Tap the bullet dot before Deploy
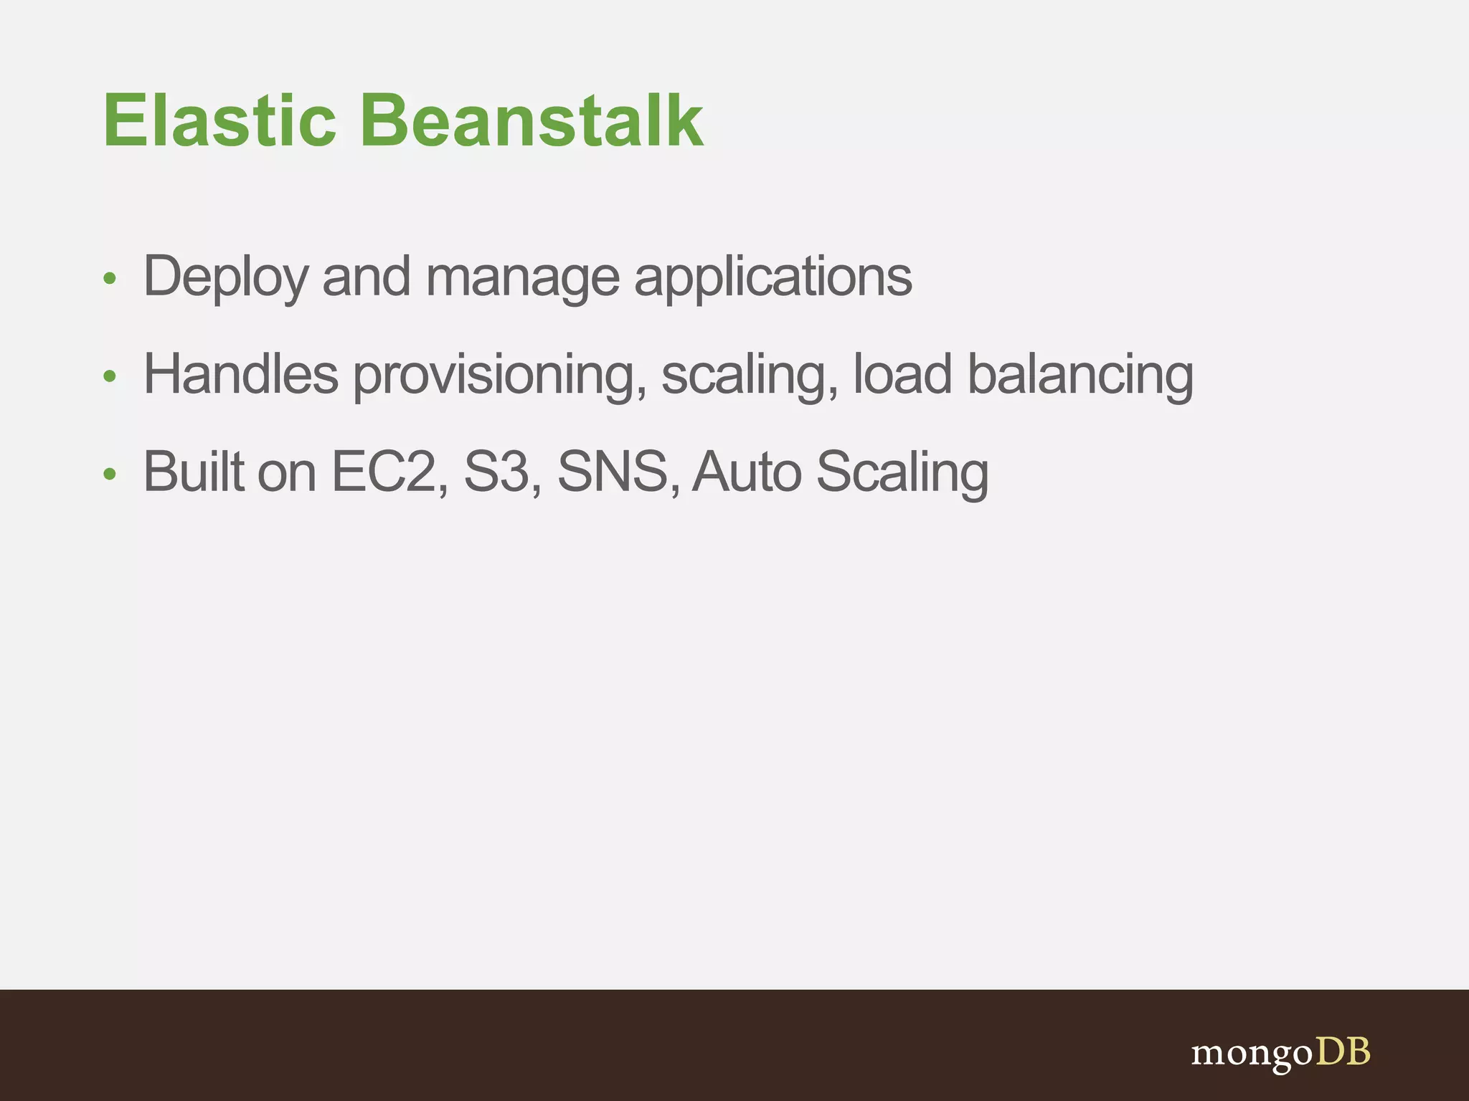point(110,279)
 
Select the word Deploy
point(226,277)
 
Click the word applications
point(773,277)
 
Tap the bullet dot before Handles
point(110,376)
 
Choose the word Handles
point(241,374)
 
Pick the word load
point(902,374)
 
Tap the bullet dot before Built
point(110,474)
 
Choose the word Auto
point(747,472)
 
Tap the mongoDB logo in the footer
point(1280,1053)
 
